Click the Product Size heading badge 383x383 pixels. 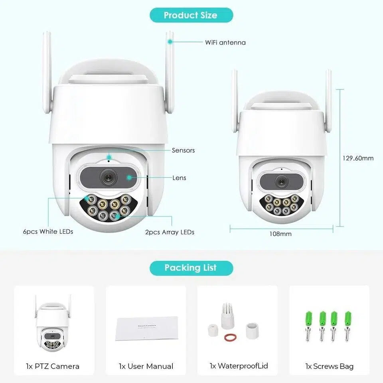coord(191,15)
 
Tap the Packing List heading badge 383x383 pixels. coord(191,267)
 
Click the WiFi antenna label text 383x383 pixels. coord(225,42)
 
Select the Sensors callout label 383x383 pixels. coord(183,150)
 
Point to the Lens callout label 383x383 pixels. coord(179,178)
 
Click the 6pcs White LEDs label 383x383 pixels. coord(48,231)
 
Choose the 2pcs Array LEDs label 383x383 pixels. coord(170,232)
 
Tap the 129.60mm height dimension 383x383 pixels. coord(358,158)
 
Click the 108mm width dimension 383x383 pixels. coord(280,234)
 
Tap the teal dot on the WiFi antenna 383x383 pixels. coord(170,41)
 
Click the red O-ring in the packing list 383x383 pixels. coord(229,338)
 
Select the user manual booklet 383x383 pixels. coord(146,328)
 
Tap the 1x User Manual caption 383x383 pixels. coord(146,366)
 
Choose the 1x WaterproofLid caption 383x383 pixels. coord(239,366)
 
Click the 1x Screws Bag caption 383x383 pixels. coord(330,366)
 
